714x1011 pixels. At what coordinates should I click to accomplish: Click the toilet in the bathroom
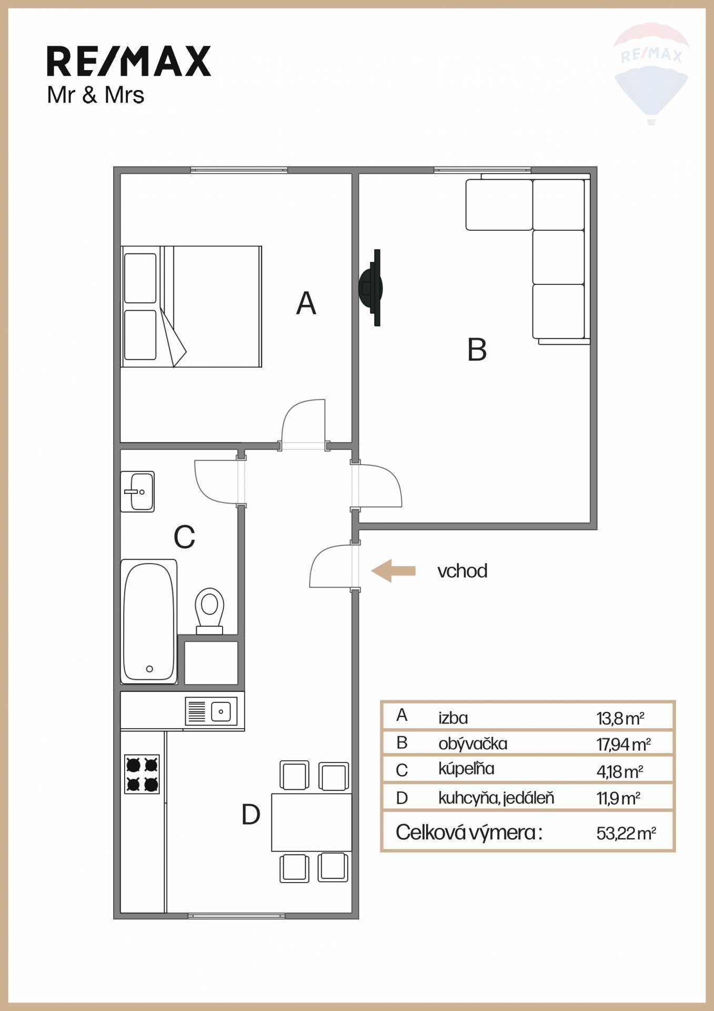pyautogui.click(x=209, y=611)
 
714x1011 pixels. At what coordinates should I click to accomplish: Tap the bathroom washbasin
pyautogui.click(x=137, y=491)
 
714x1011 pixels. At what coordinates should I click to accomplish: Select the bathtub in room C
pyautogui.click(x=149, y=621)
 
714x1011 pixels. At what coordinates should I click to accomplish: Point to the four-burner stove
pyautogui.click(x=142, y=774)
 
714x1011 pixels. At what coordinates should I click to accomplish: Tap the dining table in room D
pyautogui.click(x=311, y=822)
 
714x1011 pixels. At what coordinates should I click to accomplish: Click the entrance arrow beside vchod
pyautogui.click(x=393, y=571)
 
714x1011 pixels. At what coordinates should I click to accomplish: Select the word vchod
pyautogui.click(x=462, y=571)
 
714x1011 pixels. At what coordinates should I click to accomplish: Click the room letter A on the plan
pyautogui.click(x=306, y=303)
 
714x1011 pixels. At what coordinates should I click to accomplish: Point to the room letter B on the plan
pyautogui.click(x=477, y=350)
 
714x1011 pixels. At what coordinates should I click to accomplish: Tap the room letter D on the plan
pyautogui.click(x=251, y=814)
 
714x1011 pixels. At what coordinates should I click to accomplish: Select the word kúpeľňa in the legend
pyautogui.click(x=466, y=769)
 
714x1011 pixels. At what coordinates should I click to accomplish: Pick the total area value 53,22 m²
pyautogui.click(x=626, y=834)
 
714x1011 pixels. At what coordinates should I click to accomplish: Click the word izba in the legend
pyautogui.click(x=453, y=718)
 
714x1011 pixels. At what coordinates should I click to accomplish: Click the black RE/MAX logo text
pyautogui.click(x=129, y=61)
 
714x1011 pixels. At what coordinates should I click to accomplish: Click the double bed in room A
pyautogui.click(x=192, y=306)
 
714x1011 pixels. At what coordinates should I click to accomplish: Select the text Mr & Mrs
pyautogui.click(x=96, y=95)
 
